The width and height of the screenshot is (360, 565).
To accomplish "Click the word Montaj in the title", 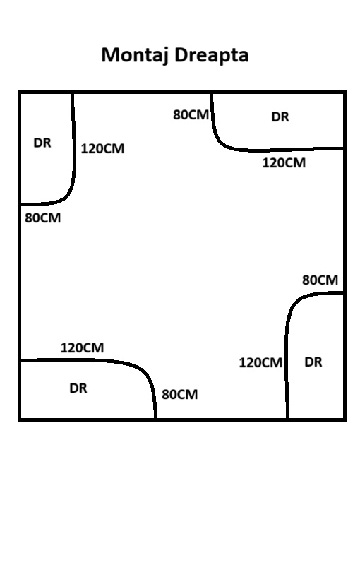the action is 135,56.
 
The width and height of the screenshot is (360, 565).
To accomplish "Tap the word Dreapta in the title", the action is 212,55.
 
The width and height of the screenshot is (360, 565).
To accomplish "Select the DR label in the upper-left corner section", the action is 42,143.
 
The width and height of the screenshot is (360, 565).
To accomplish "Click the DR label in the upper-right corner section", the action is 280,117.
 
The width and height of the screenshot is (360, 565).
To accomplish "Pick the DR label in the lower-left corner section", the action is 78,388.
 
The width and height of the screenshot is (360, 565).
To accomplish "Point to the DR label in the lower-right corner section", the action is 313,362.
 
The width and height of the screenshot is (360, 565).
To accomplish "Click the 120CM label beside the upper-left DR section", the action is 102,148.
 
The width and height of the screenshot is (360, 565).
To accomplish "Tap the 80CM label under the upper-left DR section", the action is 43,218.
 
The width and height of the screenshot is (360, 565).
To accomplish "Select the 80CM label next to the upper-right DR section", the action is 191,115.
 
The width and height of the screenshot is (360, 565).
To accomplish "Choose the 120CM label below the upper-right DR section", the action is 284,163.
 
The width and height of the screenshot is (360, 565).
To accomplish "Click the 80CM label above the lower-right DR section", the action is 320,280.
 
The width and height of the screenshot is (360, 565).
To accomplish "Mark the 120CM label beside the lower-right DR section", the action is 260,362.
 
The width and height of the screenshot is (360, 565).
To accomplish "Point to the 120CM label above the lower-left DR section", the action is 82,347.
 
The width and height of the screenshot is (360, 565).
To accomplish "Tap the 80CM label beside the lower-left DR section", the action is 179,394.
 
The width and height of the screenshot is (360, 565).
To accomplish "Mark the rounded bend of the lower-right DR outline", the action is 294,304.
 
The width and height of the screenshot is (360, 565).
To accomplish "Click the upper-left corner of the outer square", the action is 20,93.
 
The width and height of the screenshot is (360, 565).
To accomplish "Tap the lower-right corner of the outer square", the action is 344,420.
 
